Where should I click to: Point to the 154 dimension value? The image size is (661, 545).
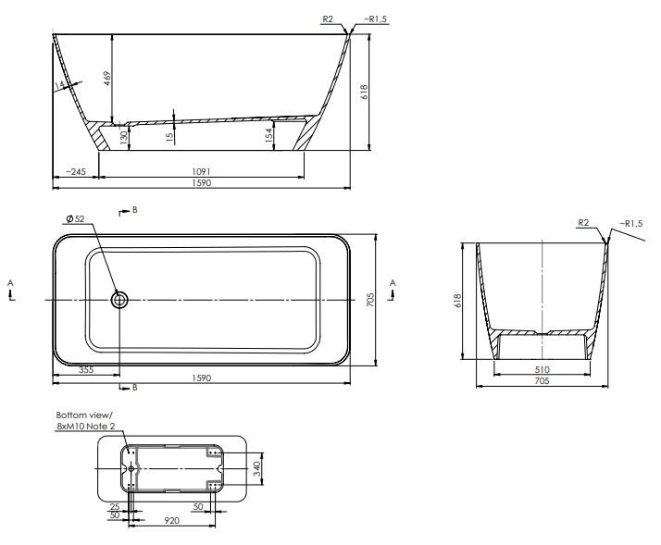[269, 135]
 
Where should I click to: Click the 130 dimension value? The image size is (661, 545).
[123, 137]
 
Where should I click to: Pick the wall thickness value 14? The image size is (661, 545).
[61, 85]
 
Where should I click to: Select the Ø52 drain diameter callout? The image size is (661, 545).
[75, 219]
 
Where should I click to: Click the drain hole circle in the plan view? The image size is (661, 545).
[119, 300]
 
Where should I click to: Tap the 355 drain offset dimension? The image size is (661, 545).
[86, 370]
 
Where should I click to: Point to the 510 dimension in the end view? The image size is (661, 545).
[542, 368]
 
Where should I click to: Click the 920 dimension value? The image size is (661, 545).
[172, 522]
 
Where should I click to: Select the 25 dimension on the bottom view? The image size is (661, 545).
[114, 507]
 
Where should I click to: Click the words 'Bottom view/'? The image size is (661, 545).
[83, 415]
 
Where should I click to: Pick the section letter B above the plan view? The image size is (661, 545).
[135, 210]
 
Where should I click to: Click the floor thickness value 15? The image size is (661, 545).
[170, 136]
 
